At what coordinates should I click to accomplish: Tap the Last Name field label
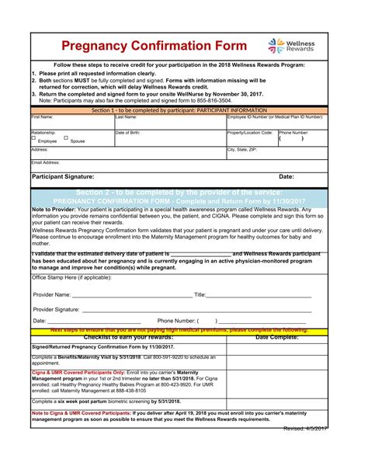126,116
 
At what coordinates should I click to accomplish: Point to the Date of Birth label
127,133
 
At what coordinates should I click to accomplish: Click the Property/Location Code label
250,133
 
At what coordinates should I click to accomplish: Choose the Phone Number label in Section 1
294,133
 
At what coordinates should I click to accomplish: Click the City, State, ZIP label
241,148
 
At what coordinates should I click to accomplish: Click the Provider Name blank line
131,296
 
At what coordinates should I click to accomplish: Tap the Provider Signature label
56,309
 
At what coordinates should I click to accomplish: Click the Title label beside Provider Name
200,294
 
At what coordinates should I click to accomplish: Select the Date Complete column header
276,337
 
